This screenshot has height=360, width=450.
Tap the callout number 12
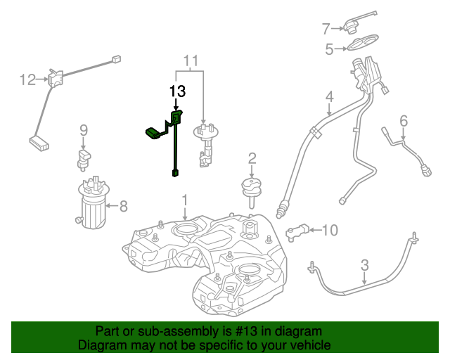[x=27, y=80]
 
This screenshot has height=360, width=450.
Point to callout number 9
[x=83, y=129]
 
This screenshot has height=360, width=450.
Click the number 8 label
[x=123, y=206]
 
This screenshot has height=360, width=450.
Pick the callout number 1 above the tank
[x=184, y=200]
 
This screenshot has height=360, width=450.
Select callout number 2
[x=252, y=158]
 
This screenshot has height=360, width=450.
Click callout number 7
[x=326, y=29]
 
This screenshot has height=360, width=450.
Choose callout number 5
[x=329, y=49]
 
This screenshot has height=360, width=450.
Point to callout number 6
[x=404, y=122]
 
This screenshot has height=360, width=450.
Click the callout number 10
[x=330, y=229]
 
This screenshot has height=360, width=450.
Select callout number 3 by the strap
[x=364, y=264]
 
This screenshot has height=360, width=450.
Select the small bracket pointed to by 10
[x=299, y=230]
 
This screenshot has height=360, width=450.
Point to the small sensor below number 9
[x=84, y=157]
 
